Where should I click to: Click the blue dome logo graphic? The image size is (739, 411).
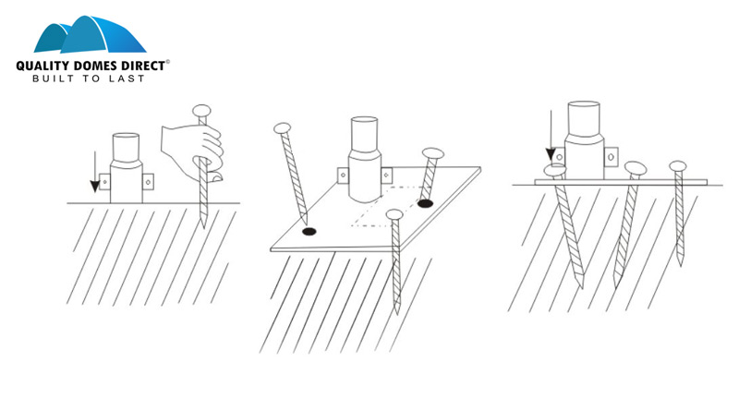[x=90, y=34]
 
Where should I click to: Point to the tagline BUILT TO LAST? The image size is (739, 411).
[x=88, y=79]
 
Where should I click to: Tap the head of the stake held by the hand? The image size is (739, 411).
[x=201, y=111]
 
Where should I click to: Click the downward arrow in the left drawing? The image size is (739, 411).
[x=95, y=172]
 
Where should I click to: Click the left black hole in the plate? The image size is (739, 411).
[x=309, y=232]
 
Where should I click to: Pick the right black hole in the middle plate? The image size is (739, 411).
[x=425, y=203]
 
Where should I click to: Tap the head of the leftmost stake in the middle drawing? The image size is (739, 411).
[x=283, y=127]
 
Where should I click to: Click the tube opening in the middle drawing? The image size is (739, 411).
[x=364, y=120]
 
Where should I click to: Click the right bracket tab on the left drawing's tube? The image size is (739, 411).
[x=148, y=181]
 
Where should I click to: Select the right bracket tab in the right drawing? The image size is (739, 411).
[x=611, y=156]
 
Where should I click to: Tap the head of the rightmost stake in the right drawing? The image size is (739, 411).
[x=678, y=166]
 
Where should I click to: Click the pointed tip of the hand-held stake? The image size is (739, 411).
[x=203, y=226]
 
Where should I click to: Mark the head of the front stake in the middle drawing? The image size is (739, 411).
[x=394, y=215]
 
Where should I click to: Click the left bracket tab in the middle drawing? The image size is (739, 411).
[x=343, y=175]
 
